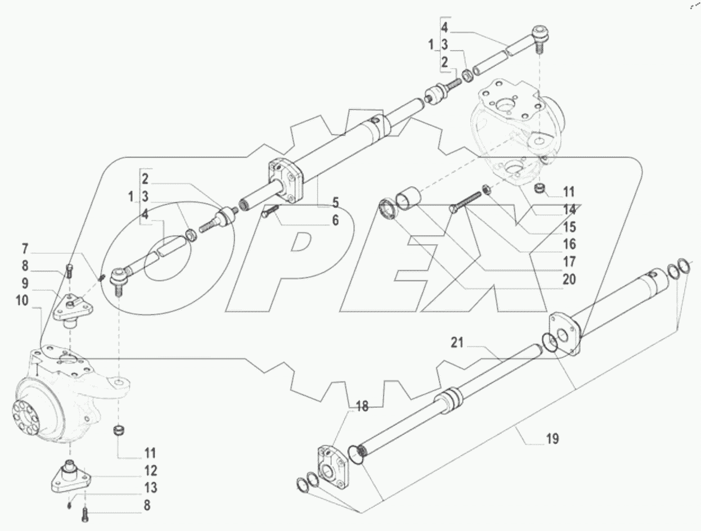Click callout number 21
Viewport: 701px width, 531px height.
coord(456,343)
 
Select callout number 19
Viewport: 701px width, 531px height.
coord(552,438)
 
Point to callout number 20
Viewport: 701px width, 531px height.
coord(569,278)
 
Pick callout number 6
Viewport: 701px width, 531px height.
coord(335,221)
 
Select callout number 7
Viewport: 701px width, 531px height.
coord(25,248)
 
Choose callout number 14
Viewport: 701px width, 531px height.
coord(569,209)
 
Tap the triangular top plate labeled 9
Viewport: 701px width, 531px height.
coord(72,307)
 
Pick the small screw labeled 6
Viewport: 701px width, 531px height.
coord(269,213)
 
